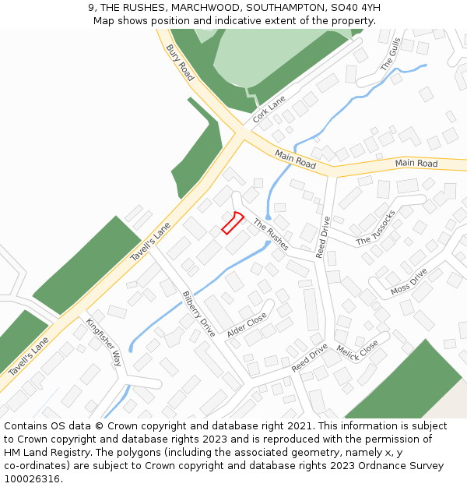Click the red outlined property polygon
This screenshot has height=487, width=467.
tap(233, 223)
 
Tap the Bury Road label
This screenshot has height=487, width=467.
tap(180, 62)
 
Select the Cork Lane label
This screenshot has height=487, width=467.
tap(269, 109)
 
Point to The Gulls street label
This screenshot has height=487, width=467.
tap(390, 55)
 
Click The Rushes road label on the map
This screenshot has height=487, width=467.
tap(270, 234)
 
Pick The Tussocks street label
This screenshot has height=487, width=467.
tap(376, 228)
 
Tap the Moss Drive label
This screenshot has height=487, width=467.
tap(409, 282)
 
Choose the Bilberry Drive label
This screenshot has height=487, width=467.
tap(198, 313)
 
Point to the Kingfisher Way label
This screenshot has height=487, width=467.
tap(104, 342)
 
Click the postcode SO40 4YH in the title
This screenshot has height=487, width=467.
tap(355, 8)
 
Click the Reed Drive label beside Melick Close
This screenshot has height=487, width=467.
tap(310, 357)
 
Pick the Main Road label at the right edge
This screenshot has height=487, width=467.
tap(416, 163)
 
